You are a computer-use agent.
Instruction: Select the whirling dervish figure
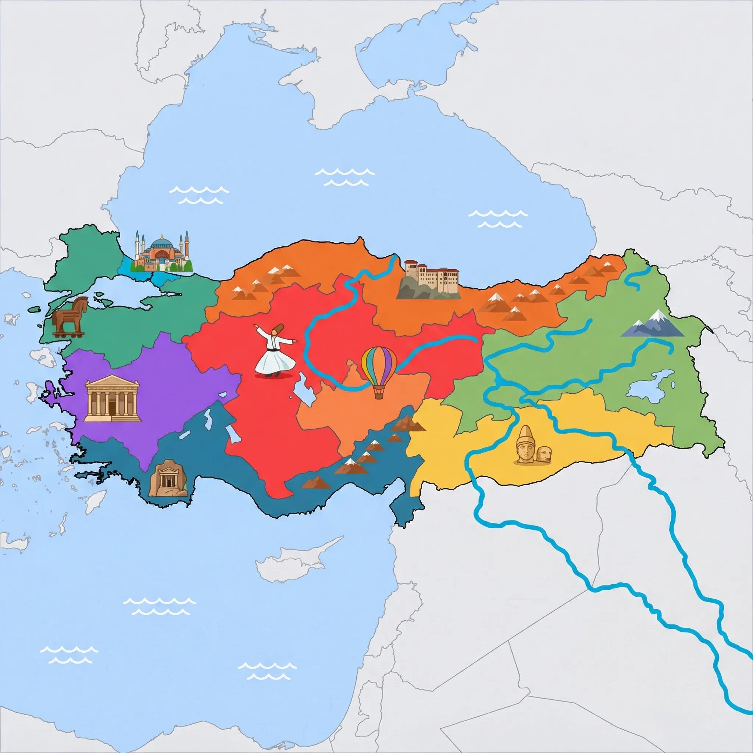tap(274, 351)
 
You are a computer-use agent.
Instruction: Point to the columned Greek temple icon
tap(112, 398)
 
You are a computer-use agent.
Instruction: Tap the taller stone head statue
tap(525, 445)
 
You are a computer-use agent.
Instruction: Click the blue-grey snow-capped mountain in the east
tap(653, 325)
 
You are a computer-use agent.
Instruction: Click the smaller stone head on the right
tap(544, 455)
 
